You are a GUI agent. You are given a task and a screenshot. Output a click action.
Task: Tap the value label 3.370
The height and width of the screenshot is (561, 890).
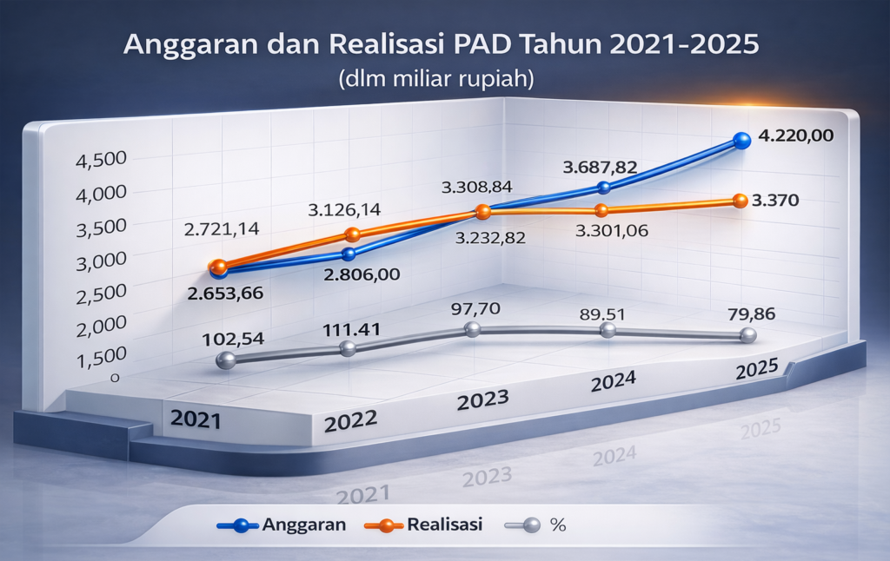[x=775, y=201]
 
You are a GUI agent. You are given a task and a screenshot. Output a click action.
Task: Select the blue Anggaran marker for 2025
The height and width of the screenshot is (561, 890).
[x=741, y=140]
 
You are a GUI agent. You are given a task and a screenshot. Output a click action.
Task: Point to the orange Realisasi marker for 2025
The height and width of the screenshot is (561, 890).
[x=740, y=201]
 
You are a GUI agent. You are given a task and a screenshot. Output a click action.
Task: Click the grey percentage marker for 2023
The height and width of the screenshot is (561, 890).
[x=472, y=329]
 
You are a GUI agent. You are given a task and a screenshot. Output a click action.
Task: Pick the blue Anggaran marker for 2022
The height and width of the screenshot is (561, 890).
[x=349, y=254]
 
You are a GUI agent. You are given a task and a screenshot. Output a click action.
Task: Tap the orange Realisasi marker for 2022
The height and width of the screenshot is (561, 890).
[x=352, y=234]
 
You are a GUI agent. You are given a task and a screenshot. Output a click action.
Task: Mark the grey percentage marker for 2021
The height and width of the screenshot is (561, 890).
[x=224, y=360]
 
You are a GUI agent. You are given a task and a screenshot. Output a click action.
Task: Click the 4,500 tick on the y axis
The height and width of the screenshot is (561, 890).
[x=103, y=161]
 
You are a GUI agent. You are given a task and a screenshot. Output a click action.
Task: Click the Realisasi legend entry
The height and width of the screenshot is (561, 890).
[x=445, y=525]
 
